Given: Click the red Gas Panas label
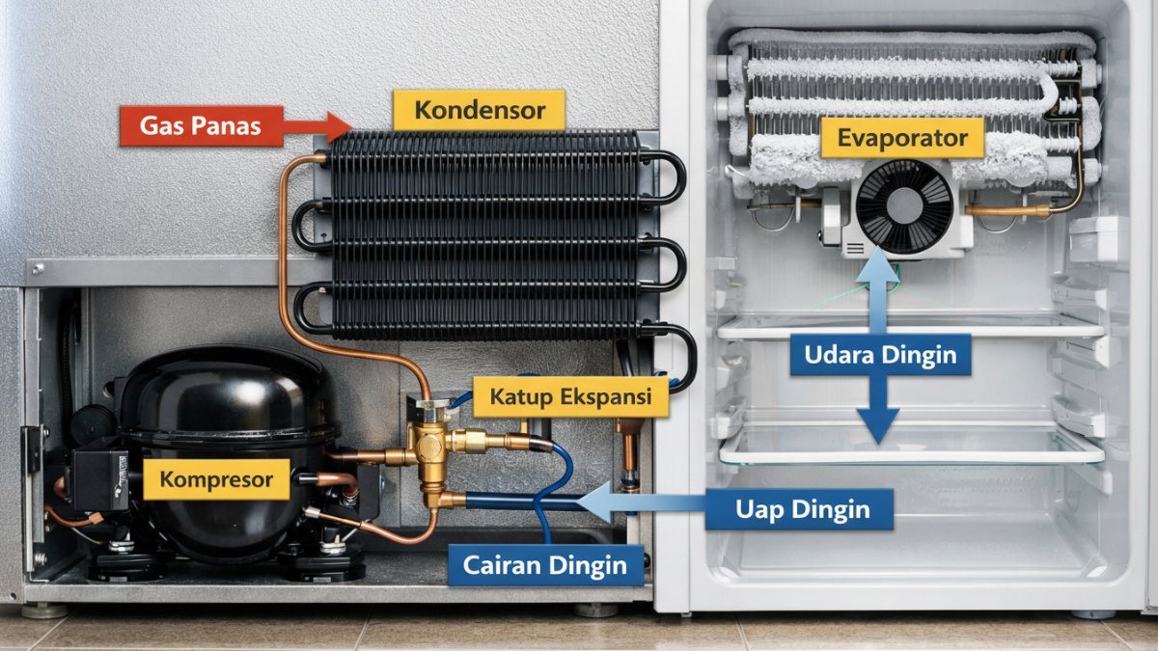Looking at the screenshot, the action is tap(202, 126).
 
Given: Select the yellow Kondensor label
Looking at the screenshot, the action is tap(479, 110).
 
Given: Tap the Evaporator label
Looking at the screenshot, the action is tap(902, 137).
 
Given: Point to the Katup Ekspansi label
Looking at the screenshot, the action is tap(570, 396).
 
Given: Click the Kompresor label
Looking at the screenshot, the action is tap(216, 479).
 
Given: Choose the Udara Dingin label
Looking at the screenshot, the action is tap(880, 355).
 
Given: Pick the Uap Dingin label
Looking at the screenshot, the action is tap(799, 509).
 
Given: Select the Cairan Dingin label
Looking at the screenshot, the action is tap(545, 565).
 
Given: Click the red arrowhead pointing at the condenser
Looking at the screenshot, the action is tap(339, 126).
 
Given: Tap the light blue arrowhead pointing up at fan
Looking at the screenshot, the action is tap(877, 265).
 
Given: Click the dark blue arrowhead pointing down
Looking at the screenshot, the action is tap(878, 424).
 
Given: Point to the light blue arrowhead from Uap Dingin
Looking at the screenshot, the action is tap(594, 502).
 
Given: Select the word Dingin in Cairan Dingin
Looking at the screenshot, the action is tap(588, 565).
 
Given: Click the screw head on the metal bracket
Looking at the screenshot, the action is tap(38, 269).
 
